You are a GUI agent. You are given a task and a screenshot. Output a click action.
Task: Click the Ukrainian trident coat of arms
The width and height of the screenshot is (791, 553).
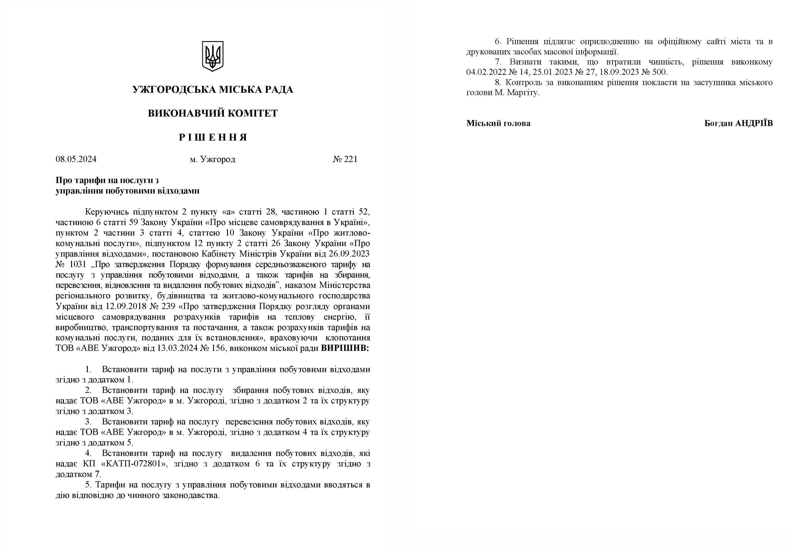(x=213, y=56)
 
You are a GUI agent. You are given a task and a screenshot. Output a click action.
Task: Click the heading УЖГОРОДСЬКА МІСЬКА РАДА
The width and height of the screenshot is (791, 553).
(x=213, y=90)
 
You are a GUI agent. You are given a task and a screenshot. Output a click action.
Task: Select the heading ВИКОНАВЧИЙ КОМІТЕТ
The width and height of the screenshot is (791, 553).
(x=213, y=113)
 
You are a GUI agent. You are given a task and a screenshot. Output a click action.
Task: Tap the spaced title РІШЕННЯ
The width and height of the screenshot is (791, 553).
(x=213, y=138)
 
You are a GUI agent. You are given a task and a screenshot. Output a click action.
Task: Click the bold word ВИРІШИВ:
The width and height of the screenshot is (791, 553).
(x=345, y=348)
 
